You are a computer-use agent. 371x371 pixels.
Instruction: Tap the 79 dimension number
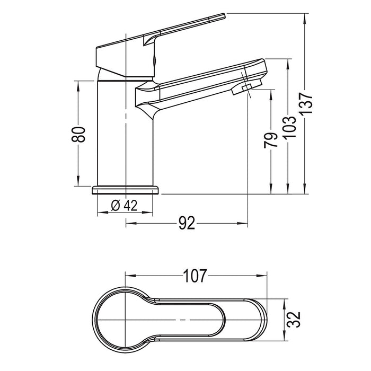[x=271, y=140]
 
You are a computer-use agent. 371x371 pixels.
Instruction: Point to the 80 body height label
[x=78, y=135]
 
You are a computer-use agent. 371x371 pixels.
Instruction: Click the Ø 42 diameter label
[x=124, y=206]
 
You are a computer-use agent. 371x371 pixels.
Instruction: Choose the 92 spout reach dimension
[x=187, y=223]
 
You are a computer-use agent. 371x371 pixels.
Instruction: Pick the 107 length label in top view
[x=195, y=276]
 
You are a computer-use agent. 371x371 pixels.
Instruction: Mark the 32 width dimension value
[x=294, y=320]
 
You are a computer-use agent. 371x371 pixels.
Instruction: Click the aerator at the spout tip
[x=247, y=87]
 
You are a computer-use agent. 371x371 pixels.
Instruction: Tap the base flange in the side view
[x=125, y=190]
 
